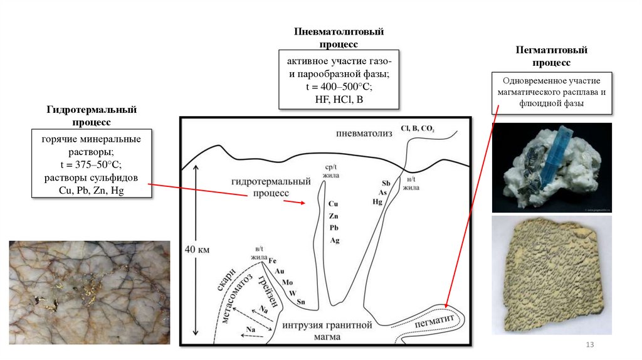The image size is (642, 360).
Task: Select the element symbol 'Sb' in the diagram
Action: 386,183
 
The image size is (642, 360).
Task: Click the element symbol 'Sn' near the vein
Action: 301,302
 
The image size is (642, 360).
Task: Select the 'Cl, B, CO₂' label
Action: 417,128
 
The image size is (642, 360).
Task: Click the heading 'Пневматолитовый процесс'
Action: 339,38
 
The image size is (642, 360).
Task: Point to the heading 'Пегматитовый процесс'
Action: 551,56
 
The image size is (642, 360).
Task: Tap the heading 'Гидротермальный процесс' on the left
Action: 92,115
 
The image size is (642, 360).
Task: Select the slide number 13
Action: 589,346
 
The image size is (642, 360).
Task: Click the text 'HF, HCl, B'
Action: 339,99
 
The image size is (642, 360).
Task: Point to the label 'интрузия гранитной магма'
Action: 327,331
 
